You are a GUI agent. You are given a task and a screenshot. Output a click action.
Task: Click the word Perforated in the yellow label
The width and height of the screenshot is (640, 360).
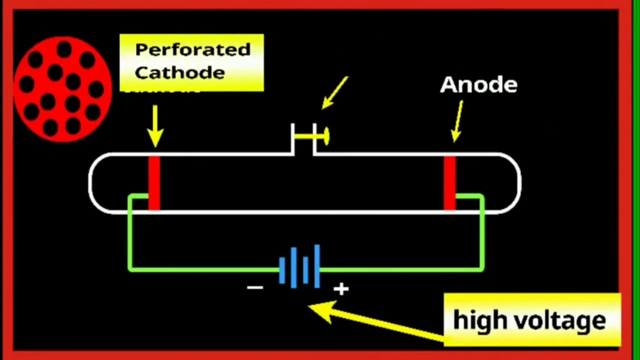click(x=192, y=50)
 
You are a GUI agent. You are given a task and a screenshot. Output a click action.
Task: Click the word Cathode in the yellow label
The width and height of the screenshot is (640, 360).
click(x=179, y=72)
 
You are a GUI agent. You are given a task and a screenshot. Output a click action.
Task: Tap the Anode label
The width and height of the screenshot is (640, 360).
click(x=478, y=85)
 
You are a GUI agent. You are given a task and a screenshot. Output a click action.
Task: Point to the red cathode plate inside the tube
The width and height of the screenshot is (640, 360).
click(x=154, y=183)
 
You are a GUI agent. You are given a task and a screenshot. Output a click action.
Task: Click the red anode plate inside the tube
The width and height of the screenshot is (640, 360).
click(x=449, y=183)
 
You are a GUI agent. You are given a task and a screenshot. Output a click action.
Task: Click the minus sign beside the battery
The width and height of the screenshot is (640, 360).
click(x=255, y=287)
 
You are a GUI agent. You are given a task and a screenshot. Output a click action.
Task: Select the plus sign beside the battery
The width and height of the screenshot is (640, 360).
click(x=341, y=288)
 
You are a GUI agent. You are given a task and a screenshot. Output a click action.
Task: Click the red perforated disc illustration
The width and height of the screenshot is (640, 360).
click(x=62, y=89)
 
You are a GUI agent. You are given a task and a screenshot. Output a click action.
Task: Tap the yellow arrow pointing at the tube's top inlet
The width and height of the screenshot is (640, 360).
click(x=335, y=92)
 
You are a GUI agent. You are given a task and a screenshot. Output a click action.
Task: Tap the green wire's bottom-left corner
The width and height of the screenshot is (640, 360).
click(x=130, y=269)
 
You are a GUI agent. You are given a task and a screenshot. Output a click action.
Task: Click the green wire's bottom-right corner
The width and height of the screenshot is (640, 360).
click(x=482, y=269)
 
